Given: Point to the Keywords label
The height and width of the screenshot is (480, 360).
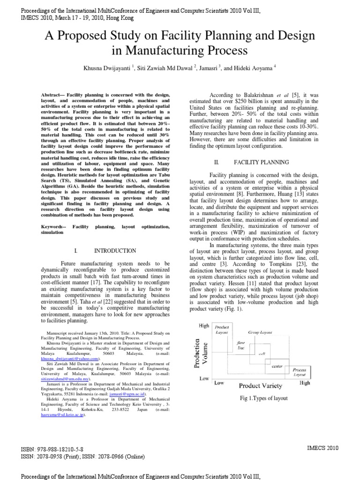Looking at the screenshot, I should (53, 226).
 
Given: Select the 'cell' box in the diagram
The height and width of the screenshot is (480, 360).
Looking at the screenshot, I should (262, 354).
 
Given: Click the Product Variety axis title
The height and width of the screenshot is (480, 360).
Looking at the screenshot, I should (261, 386).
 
